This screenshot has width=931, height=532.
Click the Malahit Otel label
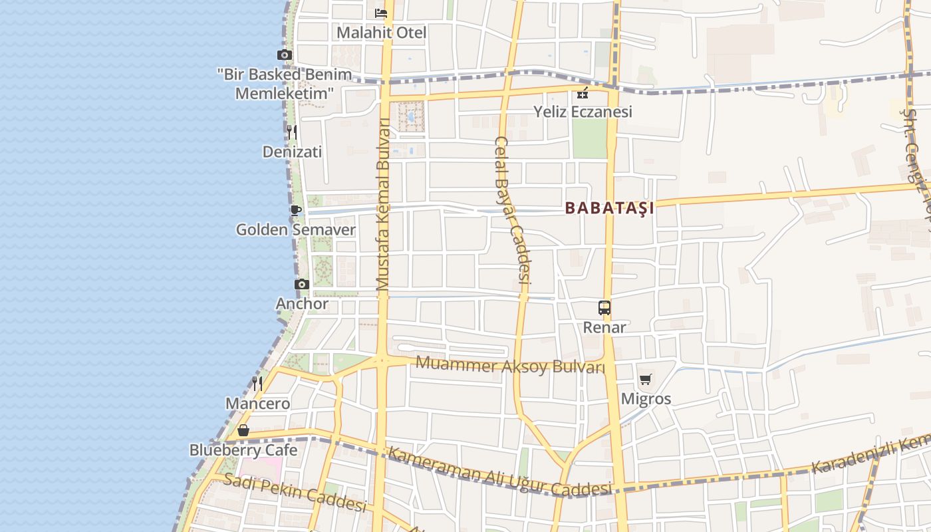coord(381,33)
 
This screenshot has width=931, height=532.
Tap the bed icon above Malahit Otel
coord(381,13)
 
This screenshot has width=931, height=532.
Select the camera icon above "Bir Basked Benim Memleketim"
coord(285,55)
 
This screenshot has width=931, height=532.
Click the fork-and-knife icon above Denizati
coord(292,132)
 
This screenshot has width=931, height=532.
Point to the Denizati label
coord(292,152)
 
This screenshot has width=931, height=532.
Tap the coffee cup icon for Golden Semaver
coord(296,210)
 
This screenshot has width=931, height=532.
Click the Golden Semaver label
coord(296,230)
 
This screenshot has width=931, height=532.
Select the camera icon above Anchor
coord(302,284)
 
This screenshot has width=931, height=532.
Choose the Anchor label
coord(302,304)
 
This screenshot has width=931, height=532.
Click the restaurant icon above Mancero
coord(257,383)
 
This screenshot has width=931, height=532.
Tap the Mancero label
coord(257,404)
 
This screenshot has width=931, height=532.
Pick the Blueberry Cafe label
coord(243,450)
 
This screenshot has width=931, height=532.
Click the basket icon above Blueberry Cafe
coord(243,430)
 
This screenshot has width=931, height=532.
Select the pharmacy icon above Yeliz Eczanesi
coord(583,92)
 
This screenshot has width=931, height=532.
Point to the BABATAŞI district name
coord(610,208)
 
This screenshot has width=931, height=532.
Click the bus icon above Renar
coord(604,308)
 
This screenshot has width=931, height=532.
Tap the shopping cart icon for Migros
coord(645,380)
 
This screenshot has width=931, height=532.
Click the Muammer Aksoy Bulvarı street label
coord(511,365)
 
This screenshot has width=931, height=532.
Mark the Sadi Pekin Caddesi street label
coord(295,493)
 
